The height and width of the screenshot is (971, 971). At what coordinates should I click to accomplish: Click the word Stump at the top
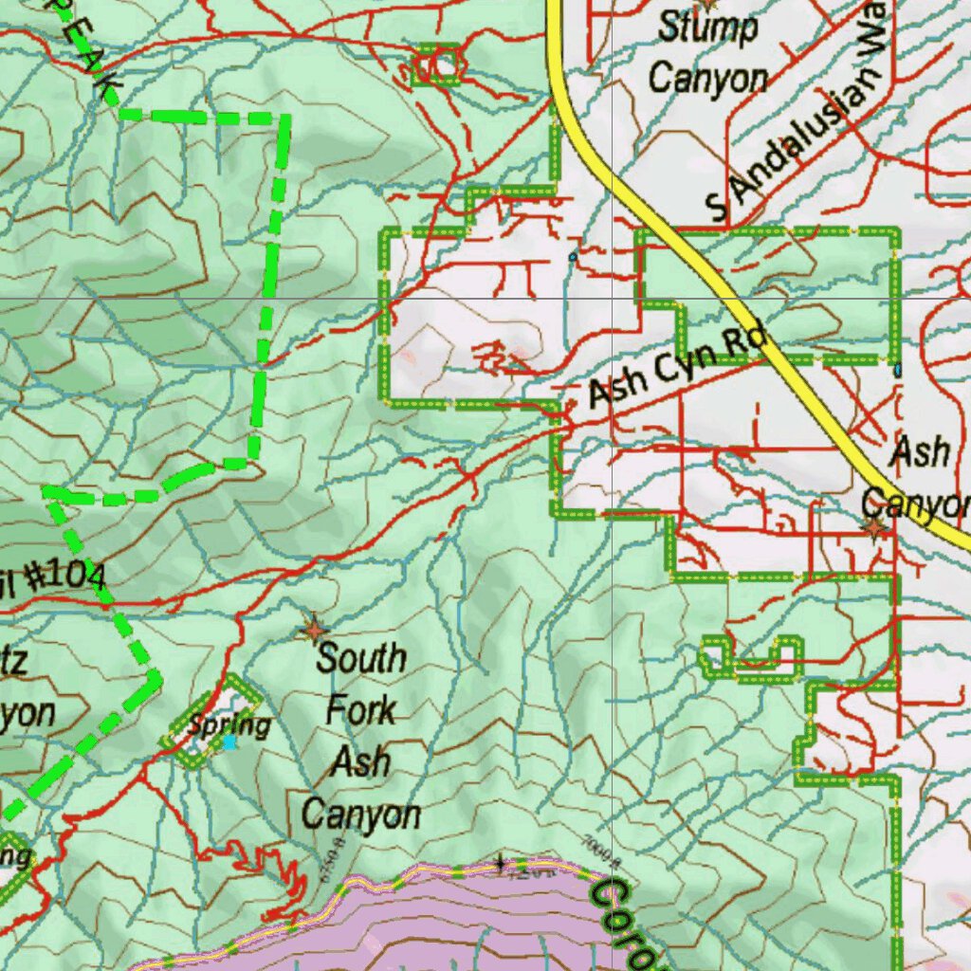[708, 28]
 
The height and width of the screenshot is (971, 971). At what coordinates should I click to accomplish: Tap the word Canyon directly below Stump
[707, 78]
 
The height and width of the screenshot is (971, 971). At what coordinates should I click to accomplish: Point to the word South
[361, 658]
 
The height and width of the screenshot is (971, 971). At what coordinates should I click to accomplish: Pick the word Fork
[360, 710]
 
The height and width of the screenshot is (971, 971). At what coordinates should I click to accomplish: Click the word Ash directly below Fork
[360, 761]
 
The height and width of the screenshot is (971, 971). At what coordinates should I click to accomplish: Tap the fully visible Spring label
[229, 725]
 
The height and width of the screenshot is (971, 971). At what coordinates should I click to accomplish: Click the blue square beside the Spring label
[229, 743]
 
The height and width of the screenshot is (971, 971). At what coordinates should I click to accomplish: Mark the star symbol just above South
[313, 629]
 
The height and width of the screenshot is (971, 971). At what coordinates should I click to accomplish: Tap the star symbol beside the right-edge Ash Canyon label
[873, 527]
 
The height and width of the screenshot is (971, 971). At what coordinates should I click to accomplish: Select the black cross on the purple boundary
[500, 864]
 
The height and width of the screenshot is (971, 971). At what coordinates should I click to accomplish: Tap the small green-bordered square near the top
[437, 64]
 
